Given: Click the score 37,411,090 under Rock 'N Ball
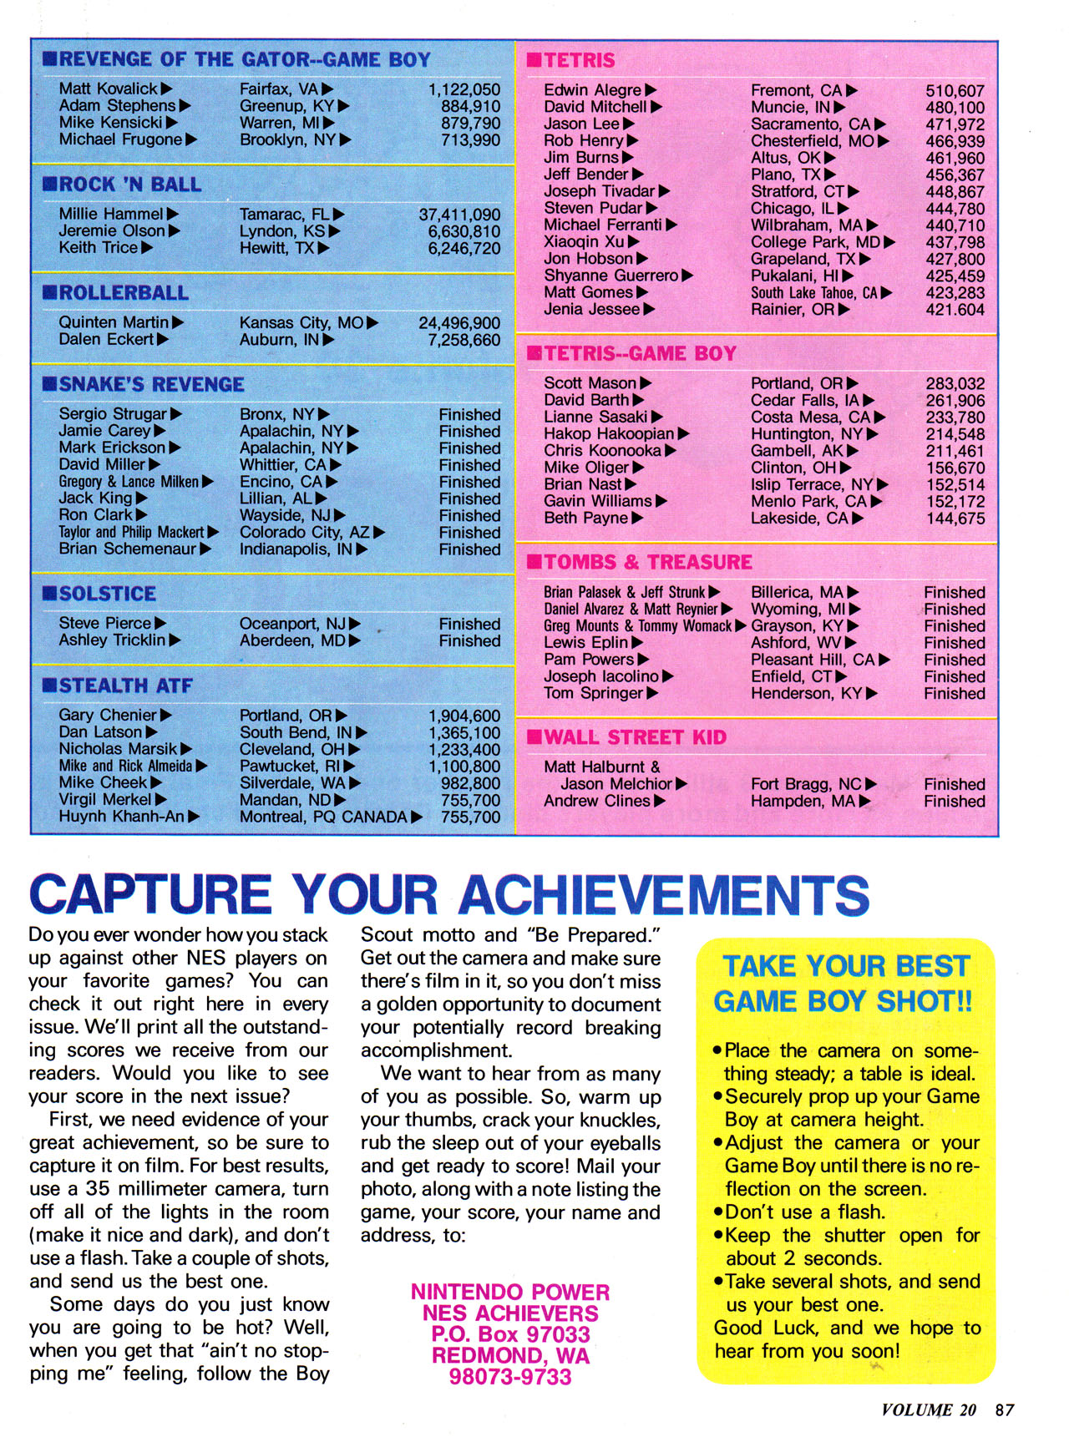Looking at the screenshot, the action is [459, 215].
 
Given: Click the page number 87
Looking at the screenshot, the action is [1005, 1409].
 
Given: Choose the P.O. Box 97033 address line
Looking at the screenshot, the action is [510, 1333].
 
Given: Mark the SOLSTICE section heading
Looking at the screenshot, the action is [107, 594].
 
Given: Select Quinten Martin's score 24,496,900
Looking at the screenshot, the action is [459, 323].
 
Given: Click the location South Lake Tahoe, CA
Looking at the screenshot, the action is [813, 293].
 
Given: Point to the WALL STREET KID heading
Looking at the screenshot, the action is [635, 737].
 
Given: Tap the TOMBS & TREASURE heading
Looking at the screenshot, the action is [648, 562].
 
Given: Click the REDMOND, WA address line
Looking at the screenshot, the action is [510, 1354].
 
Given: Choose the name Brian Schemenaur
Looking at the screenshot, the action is [127, 549].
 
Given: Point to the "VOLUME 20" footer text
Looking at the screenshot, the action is [928, 1409].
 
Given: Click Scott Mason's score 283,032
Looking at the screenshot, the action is [955, 384].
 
